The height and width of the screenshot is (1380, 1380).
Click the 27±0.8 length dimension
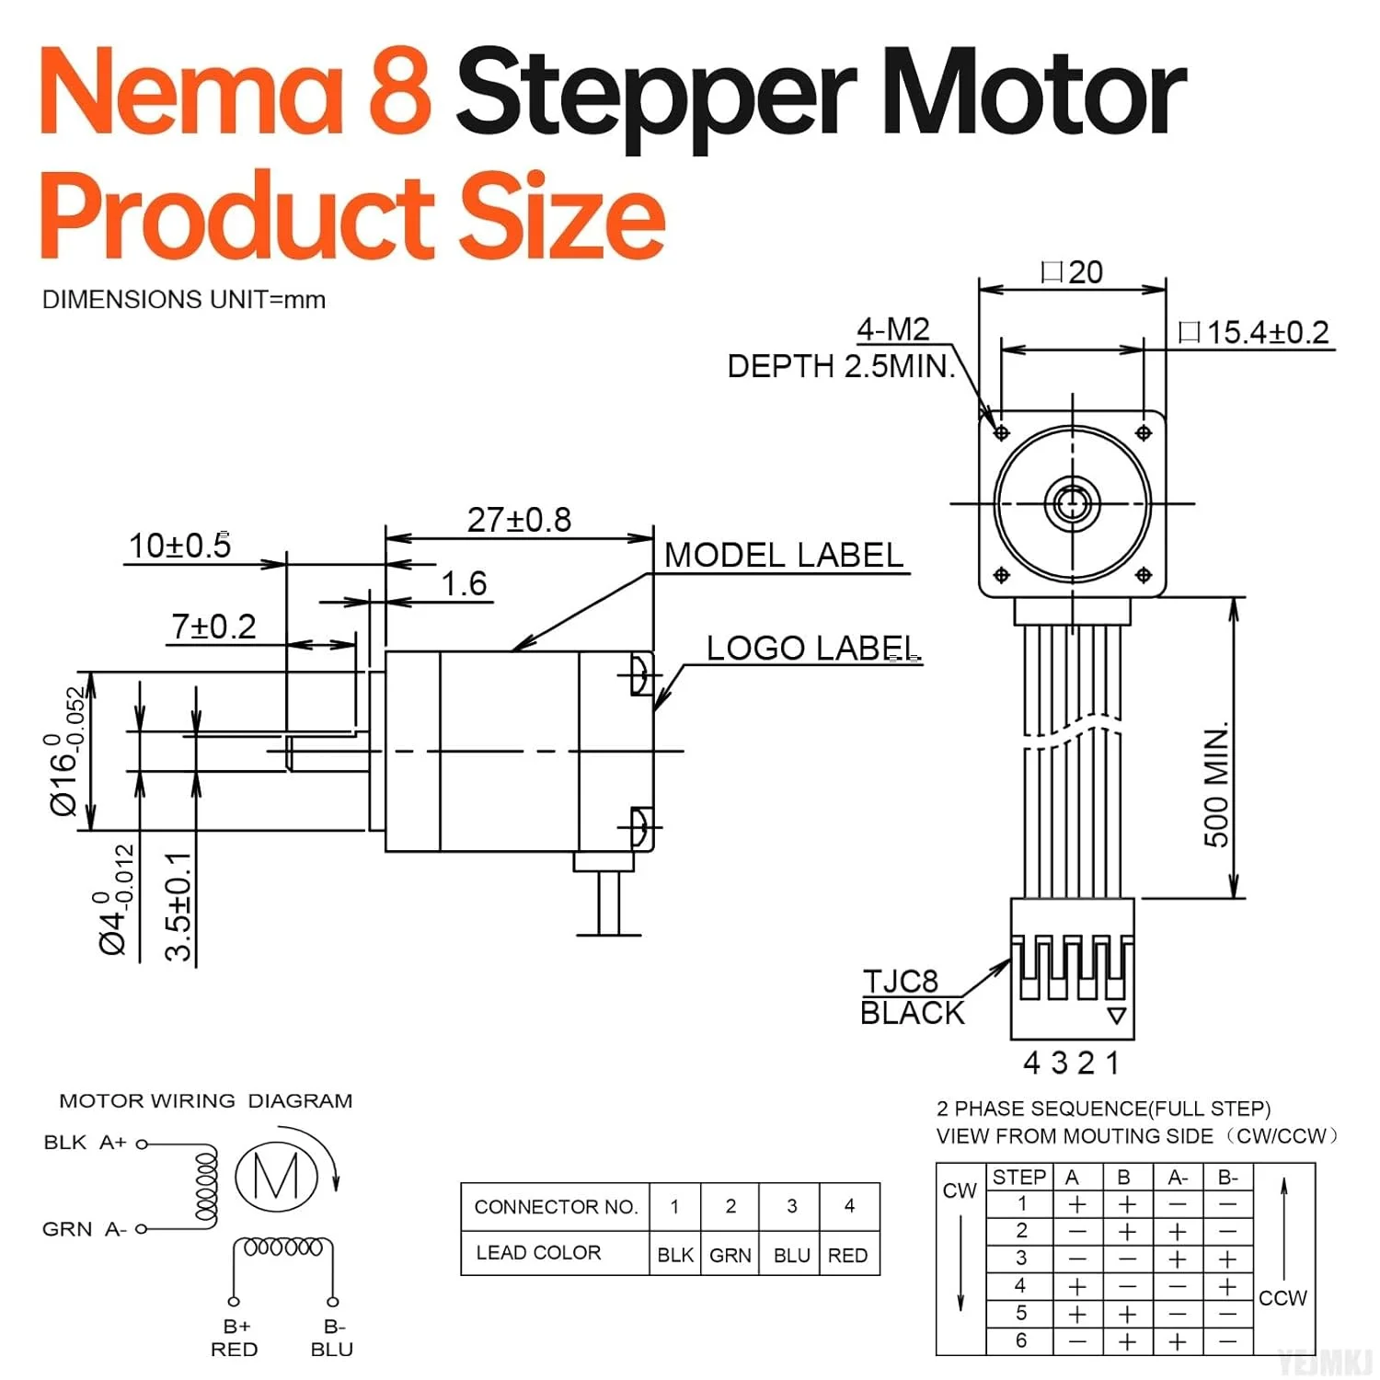click(519, 520)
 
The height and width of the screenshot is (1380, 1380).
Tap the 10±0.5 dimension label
click(180, 546)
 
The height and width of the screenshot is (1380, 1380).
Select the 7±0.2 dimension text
click(213, 627)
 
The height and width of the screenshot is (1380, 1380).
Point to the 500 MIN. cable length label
click(1216, 787)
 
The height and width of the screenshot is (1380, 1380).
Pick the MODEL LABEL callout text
click(784, 556)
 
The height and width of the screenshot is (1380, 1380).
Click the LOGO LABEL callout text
click(812, 649)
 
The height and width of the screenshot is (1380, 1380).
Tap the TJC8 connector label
click(900, 982)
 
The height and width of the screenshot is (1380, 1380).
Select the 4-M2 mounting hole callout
click(892, 329)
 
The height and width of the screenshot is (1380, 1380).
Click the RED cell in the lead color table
click(847, 1255)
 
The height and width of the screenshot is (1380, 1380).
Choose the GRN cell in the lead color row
click(730, 1255)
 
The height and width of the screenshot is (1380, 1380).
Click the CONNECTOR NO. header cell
click(556, 1207)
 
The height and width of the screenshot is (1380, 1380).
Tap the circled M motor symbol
click(276, 1175)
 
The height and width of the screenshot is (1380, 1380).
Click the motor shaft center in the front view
click(1072, 503)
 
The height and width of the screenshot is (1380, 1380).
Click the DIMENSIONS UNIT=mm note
click(184, 300)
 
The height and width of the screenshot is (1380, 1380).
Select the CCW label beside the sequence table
click(1282, 1298)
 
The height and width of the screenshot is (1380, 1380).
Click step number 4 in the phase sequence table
click(1019, 1285)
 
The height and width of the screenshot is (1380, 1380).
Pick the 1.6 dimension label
click(464, 584)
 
